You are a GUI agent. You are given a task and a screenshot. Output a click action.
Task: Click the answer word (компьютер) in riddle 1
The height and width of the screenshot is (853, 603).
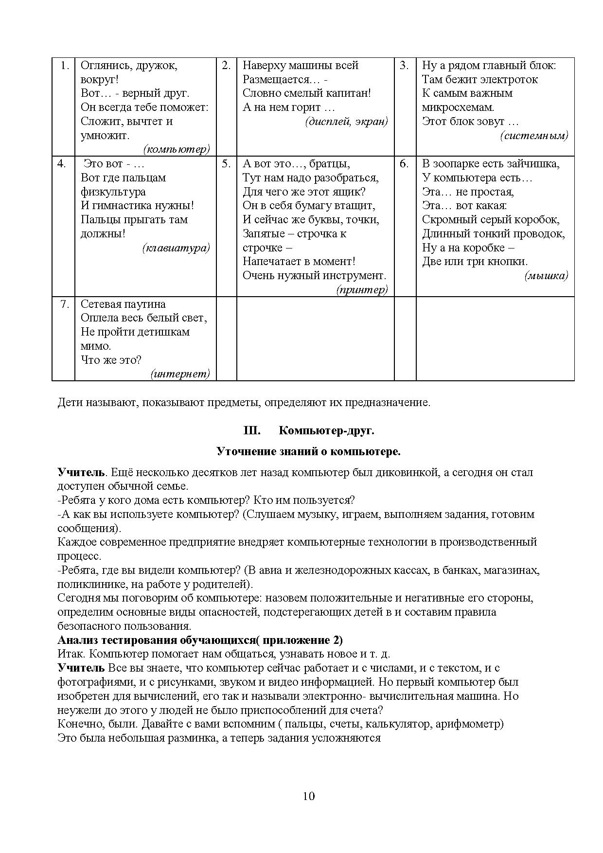point(177,149)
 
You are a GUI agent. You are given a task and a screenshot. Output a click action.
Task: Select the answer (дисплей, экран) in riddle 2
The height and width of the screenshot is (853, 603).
point(347,122)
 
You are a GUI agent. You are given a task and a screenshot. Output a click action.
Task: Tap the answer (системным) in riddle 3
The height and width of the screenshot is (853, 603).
point(534,136)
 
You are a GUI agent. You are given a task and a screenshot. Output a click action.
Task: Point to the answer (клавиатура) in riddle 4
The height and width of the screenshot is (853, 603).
point(177,248)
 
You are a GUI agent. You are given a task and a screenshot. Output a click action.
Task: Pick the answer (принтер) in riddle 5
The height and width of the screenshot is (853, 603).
point(362,290)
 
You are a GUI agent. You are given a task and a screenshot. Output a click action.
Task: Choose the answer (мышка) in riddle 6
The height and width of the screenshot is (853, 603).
point(546,276)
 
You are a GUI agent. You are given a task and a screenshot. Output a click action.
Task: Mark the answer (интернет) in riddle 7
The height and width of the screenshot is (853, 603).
point(180,373)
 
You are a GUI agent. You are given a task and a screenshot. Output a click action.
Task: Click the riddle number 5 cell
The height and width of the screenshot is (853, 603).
point(226,164)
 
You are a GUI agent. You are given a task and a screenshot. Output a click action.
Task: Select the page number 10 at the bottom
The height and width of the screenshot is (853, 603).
point(308,796)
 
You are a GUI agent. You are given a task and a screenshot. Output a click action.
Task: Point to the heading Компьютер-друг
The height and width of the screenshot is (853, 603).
point(326,431)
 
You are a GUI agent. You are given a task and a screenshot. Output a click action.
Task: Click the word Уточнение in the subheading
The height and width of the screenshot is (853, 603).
point(240,451)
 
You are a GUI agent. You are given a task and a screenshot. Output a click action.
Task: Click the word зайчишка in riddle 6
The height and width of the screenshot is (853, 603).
point(534,164)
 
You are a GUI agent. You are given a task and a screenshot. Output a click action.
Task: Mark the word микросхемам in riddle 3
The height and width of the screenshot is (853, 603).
point(458,107)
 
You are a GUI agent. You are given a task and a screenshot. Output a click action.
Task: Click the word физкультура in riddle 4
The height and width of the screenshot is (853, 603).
point(113,192)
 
